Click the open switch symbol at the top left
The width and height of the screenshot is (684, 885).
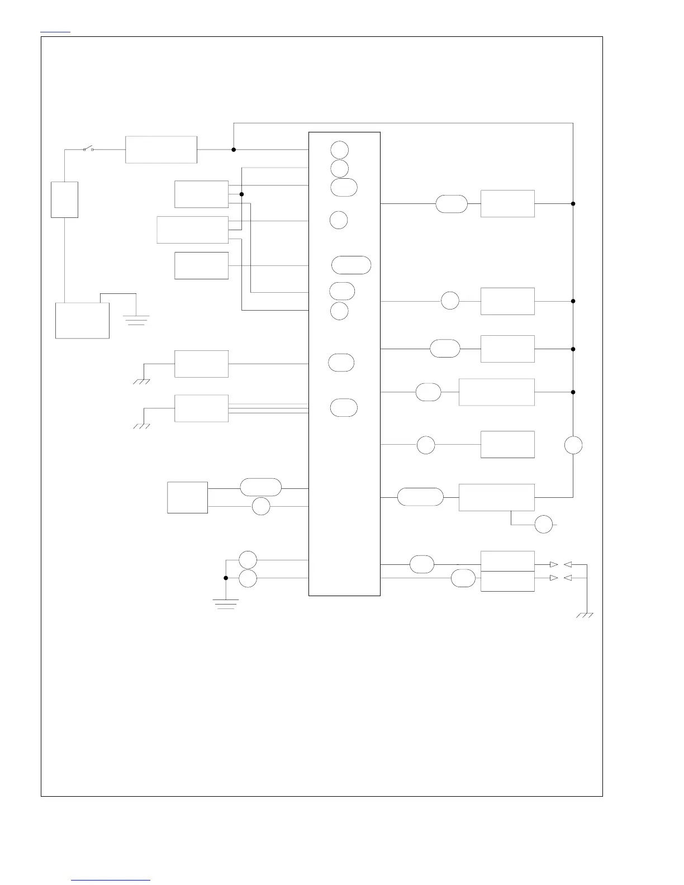(x=88, y=149)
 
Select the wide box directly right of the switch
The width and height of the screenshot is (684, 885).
(x=161, y=150)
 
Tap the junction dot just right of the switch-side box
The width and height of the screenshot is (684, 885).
(x=234, y=150)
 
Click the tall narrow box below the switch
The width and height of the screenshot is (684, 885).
(x=64, y=199)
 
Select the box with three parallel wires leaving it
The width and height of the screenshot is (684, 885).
(x=201, y=408)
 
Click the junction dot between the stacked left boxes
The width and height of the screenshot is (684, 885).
(x=241, y=194)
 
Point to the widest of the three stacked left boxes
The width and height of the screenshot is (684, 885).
(x=192, y=230)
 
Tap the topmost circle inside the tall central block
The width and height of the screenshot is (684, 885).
(x=339, y=150)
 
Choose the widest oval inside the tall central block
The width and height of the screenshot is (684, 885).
(x=351, y=265)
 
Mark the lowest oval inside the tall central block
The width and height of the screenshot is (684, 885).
(x=344, y=408)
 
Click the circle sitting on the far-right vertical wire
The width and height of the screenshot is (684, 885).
(x=573, y=445)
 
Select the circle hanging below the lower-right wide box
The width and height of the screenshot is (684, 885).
(x=544, y=525)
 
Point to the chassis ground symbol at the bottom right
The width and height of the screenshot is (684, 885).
(x=585, y=615)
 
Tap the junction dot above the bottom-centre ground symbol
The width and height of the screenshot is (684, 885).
(x=226, y=578)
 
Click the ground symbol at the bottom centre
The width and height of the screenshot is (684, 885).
(x=226, y=604)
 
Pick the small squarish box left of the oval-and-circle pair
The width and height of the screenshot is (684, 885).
(x=187, y=497)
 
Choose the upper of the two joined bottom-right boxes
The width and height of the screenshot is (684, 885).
(x=507, y=561)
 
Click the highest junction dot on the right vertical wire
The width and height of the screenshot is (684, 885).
(x=573, y=203)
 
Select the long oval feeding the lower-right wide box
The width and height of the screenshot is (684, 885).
(x=420, y=497)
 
